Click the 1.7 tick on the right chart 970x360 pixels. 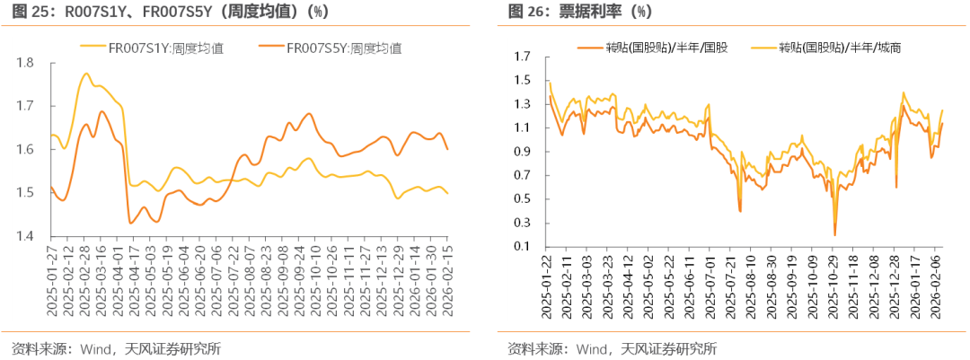(523, 56)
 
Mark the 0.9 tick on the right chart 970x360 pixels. (523, 151)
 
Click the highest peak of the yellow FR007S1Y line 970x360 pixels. (86, 74)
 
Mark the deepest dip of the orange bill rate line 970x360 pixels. (834, 235)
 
